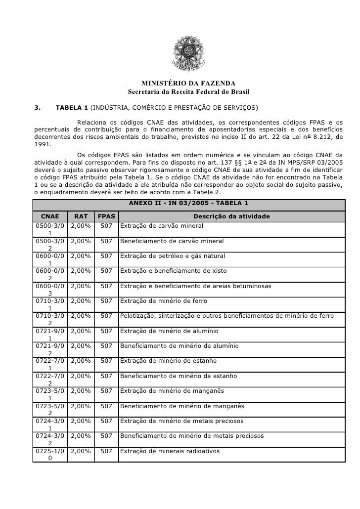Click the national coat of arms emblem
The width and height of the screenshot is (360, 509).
tap(188, 54)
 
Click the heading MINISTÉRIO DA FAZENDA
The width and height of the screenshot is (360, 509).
tap(188, 83)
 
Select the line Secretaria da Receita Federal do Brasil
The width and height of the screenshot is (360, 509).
tap(188, 92)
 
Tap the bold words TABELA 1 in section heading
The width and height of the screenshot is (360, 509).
tap(72, 107)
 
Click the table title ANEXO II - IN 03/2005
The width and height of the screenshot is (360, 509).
tap(188, 203)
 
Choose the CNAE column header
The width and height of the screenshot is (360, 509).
tap(49, 216)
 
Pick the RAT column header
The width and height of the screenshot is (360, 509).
tap(81, 216)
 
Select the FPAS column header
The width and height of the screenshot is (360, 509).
tap(106, 216)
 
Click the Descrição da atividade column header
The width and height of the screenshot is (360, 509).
tap(231, 216)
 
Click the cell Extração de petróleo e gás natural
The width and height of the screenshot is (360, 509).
tap(173, 256)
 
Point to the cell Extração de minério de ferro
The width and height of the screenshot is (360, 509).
tap(164, 301)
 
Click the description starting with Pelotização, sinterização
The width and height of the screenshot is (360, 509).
tap(227, 316)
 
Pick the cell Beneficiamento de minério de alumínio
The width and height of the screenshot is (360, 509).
tap(180, 346)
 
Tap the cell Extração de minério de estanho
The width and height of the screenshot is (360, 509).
tap(169, 361)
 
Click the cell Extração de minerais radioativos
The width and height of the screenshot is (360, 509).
tap(170, 451)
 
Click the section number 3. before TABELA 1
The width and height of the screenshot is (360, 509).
tap(37, 107)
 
